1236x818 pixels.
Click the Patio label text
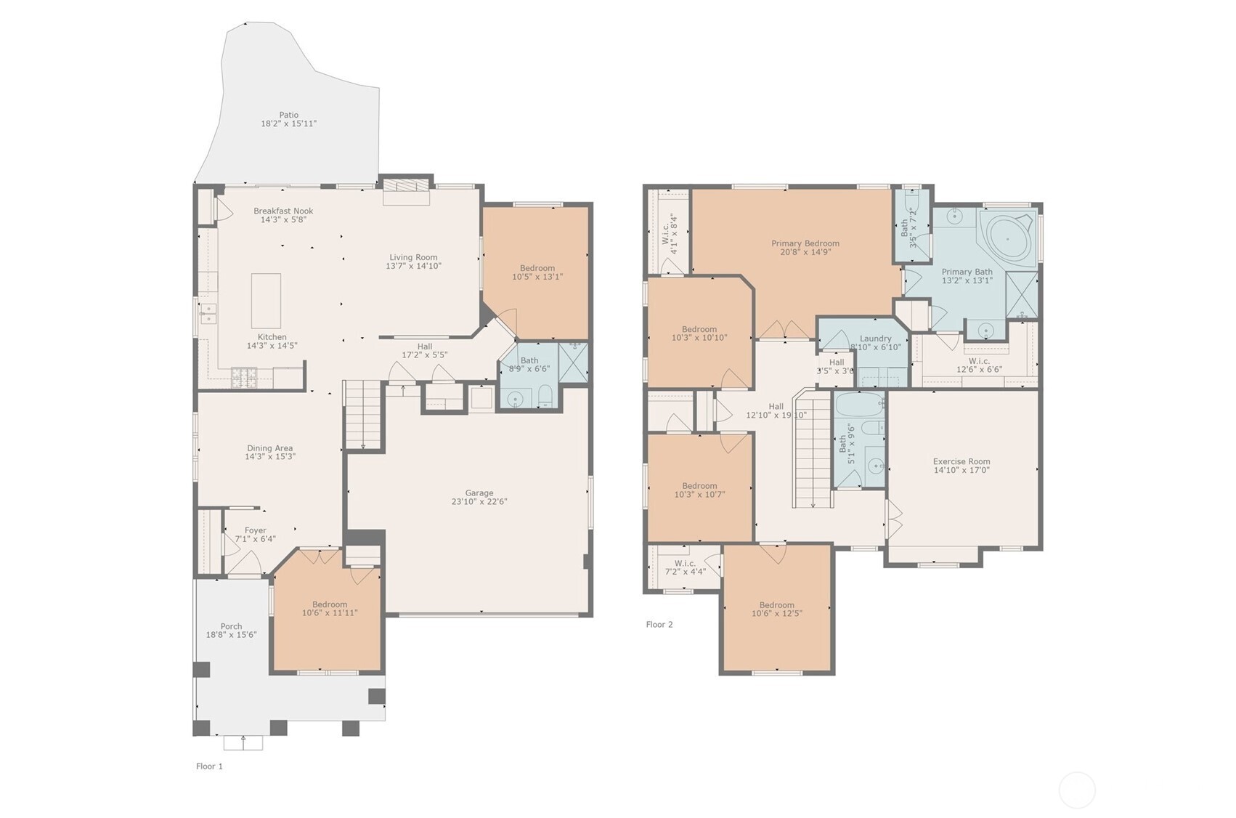(x=288, y=115)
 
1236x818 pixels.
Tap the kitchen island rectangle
(x=266, y=301)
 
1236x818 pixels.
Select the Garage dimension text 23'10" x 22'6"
(x=479, y=501)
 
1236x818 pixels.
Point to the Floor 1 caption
(x=209, y=766)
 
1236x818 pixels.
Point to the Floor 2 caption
(x=659, y=624)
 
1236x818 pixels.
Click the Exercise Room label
(x=961, y=461)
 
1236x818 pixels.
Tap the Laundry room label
(x=875, y=339)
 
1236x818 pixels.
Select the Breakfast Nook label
(x=283, y=211)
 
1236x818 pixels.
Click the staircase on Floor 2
(x=812, y=450)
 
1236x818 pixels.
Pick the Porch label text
(x=231, y=626)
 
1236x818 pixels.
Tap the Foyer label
(x=255, y=530)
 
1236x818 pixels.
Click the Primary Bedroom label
(x=805, y=243)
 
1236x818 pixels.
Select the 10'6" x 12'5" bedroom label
(x=776, y=609)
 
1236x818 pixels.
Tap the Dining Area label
(x=269, y=448)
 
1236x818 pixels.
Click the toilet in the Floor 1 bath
(x=545, y=397)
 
